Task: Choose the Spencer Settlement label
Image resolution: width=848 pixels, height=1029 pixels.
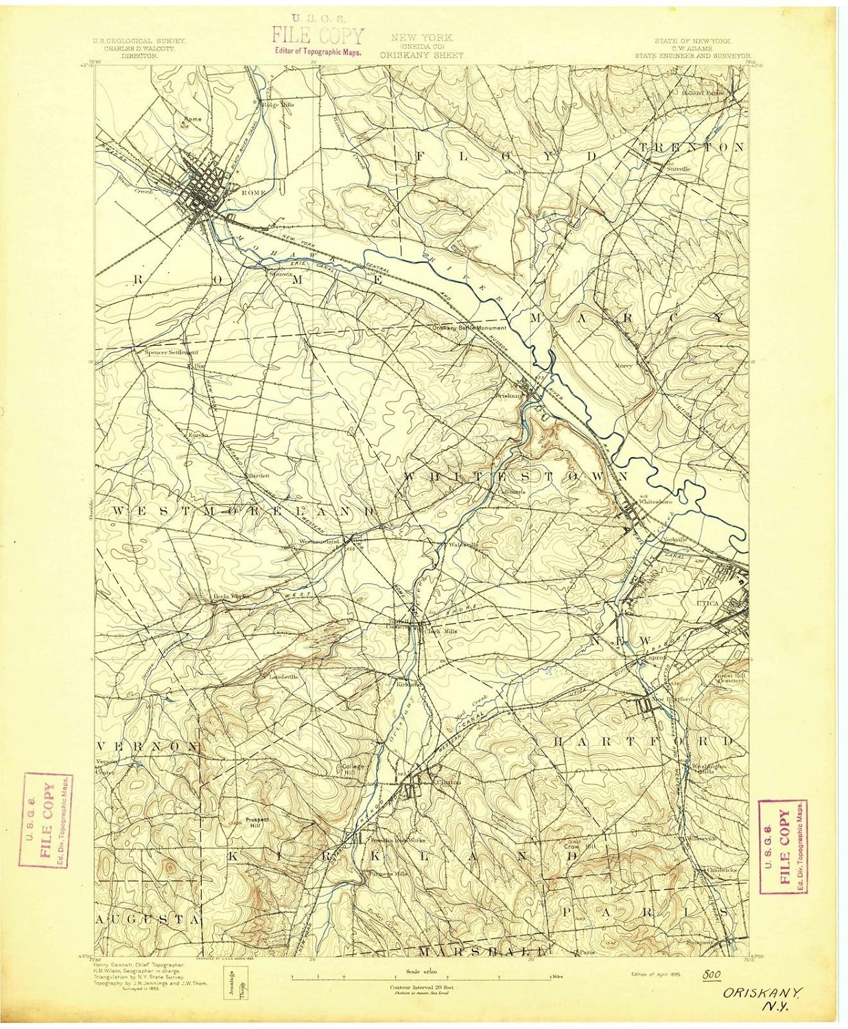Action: [x=171, y=353]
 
